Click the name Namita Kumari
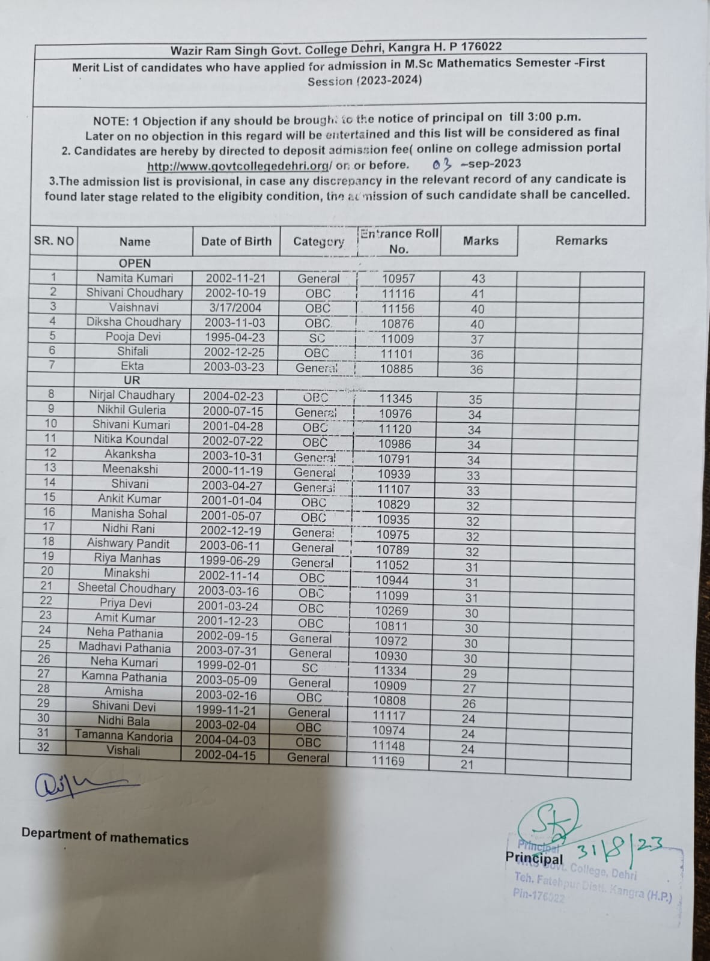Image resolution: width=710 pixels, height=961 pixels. click(x=135, y=278)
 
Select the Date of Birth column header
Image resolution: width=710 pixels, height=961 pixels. click(x=236, y=241)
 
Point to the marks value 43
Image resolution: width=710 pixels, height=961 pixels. click(x=478, y=279)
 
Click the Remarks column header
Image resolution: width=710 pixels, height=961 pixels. click(x=581, y=241)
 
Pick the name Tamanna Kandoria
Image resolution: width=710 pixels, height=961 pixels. click(x=124, y=736)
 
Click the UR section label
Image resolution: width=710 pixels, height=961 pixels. click(x=132, y=380)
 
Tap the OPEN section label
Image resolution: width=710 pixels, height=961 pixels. click(x=135, y=263)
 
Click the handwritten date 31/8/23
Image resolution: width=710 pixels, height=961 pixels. click(x=619, y=848)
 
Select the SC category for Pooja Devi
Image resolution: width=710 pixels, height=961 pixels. click(x=317, y=338)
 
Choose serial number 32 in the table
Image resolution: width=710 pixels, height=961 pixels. click(x=43, y=747)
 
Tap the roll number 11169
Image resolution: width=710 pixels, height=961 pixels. click(x=388, y=761)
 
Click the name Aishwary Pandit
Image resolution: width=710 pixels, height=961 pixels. click(x=128, y=544)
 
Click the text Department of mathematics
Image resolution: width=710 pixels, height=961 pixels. click(x=105, y=837)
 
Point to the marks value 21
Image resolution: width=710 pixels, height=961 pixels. click(x=467, y=765)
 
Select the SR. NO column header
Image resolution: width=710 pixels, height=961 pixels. click(x=53, y=241)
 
